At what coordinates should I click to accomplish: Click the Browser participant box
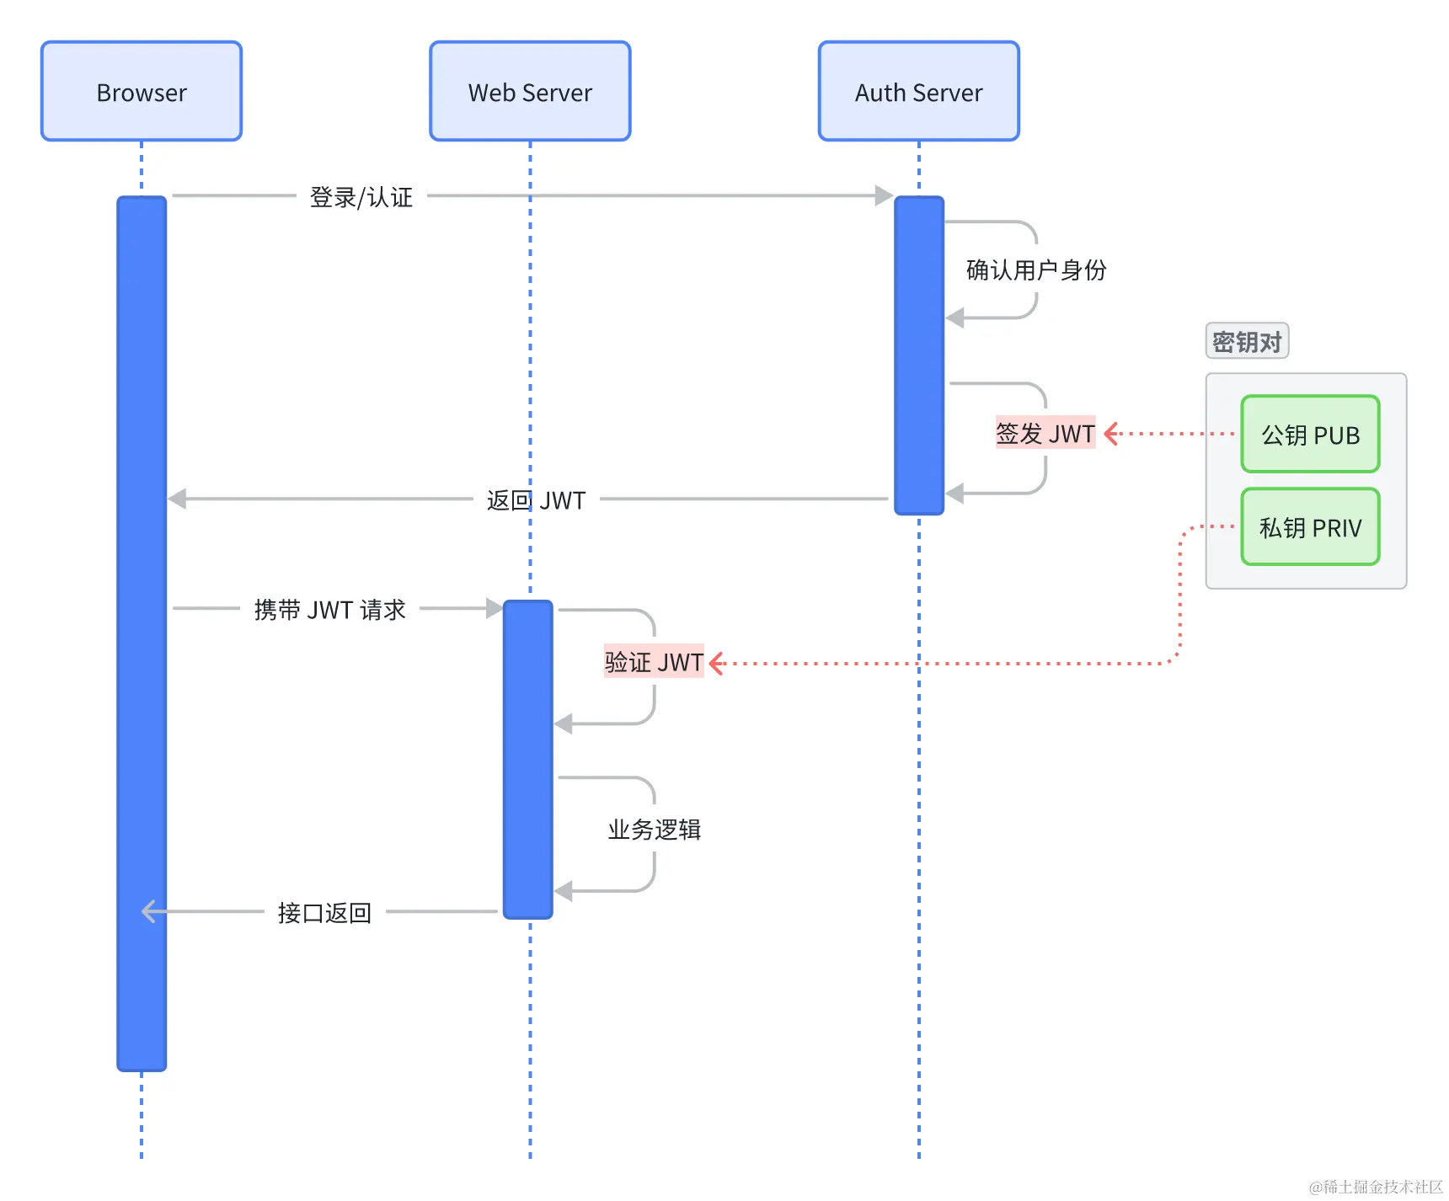142,91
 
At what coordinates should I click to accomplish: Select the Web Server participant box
530,91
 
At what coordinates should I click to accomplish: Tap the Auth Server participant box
918,91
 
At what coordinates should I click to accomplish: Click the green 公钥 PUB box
1310,435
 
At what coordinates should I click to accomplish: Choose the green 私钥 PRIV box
1310,527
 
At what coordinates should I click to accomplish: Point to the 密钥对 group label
1247,341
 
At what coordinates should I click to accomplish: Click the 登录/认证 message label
361,197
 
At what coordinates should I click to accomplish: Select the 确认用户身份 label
1036,270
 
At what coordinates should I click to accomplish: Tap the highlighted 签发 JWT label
1045,433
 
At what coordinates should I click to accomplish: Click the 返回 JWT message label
536,500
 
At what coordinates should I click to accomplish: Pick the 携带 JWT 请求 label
329,609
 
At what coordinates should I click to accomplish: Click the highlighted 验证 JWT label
654,662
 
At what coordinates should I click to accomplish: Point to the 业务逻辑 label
655,830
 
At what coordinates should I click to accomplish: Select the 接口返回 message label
324,912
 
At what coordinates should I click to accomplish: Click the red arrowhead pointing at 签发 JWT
1111,434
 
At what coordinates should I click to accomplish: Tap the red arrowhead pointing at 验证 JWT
717,663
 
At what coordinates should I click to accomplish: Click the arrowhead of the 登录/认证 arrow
884,195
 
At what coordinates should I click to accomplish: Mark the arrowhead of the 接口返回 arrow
149,911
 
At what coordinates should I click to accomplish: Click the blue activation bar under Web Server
528,758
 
